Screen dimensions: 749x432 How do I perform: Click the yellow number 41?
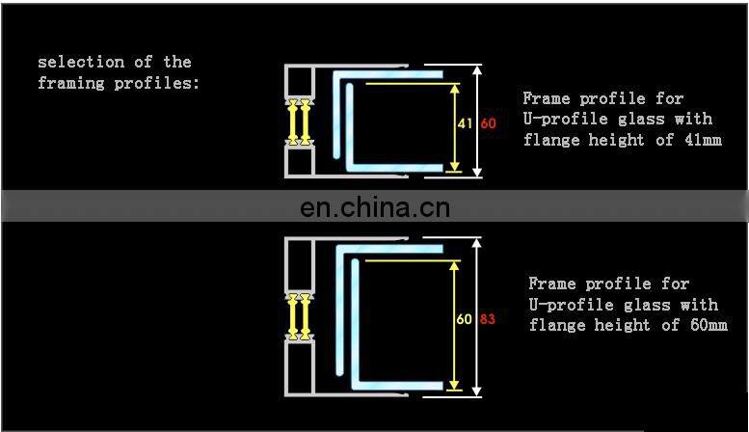[464, 123]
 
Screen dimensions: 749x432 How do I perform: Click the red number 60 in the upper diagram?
[488, 123]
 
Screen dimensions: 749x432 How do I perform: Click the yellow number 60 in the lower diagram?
[464, 318]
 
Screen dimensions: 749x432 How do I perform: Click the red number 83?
[488, 318]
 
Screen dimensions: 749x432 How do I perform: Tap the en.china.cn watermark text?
[375, 206]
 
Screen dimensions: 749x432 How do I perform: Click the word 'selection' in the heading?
[73, 62]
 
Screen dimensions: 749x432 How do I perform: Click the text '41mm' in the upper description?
[702, 140]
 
